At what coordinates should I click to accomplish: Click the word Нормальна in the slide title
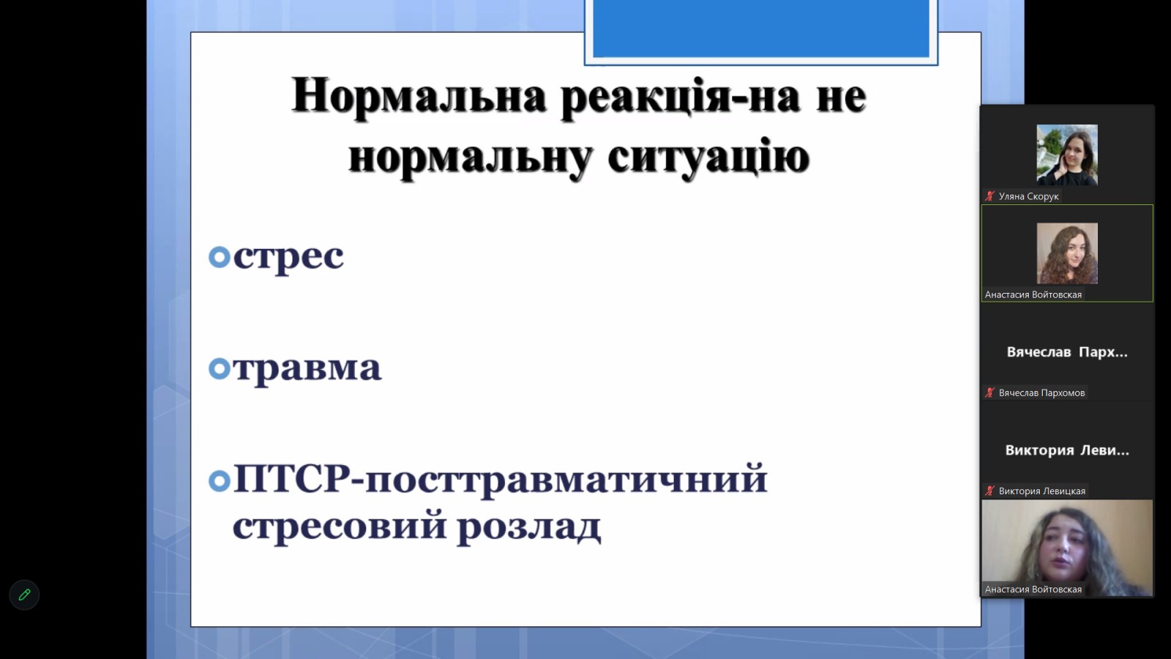click(x=419, y=96)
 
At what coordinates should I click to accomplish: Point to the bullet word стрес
click(x=288, y=257)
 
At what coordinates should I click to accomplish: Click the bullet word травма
click(x=307, y=368)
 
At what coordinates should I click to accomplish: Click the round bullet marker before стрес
click(x=220, y=257)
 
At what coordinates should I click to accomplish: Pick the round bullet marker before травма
click(x=220, y=368)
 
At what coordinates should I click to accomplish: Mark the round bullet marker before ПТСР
click(x=220, y=480)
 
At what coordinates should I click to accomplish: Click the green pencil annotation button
click(x=25, y=595)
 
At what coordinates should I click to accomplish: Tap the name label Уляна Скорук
click(x=1028, y=196)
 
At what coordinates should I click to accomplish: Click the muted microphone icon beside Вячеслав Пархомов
click(x=989, y=392)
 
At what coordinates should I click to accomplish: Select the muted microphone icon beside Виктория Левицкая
click(x=989, y=491)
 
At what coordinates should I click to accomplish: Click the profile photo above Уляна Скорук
click(x=1067, y=154)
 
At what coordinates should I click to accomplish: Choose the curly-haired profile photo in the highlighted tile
click(x=1067, y=253)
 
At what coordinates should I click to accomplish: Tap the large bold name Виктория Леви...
click(x=1067, y=450)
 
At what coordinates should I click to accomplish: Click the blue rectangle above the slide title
click(x=760, y=29)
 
